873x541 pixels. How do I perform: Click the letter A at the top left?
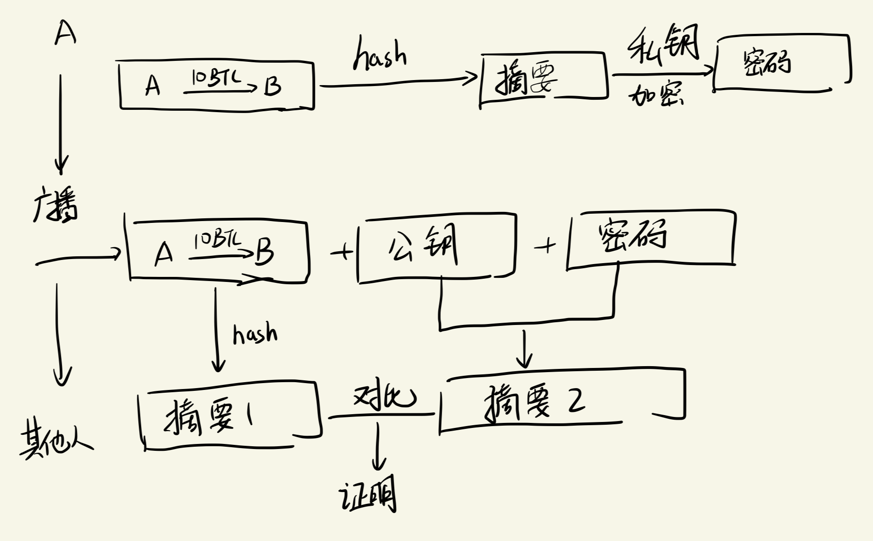pos(65,34)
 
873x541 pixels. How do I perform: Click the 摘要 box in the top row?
pos(544,79)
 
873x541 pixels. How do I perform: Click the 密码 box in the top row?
pos(782,62)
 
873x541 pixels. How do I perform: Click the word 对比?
pos(384,396)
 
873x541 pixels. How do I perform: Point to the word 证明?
pos(368,496)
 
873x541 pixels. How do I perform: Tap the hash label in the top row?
pos(380,55)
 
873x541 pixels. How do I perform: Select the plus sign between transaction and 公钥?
pos(342,251)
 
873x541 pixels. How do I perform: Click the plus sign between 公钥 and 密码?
pos(545,246)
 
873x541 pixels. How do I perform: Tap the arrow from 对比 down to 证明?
pos(378,446)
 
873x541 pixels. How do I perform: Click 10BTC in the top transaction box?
pos(216,78)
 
